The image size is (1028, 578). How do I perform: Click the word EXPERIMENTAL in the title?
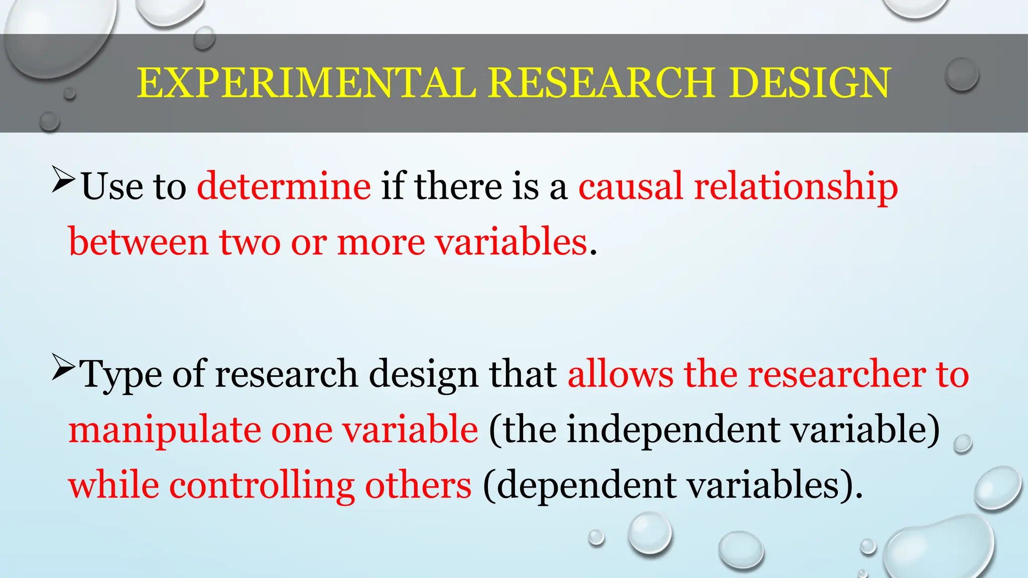tap(306, 83)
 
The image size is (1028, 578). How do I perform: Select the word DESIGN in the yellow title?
tap(810, 83)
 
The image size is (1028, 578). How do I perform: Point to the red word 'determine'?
tap(284, 186)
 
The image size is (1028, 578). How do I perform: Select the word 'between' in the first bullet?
tap(139, 242)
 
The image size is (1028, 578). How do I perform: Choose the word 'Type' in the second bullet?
tap(121, 375)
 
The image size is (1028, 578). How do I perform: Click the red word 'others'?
tap(418, 486)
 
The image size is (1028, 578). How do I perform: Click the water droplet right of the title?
tap(962, 75)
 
